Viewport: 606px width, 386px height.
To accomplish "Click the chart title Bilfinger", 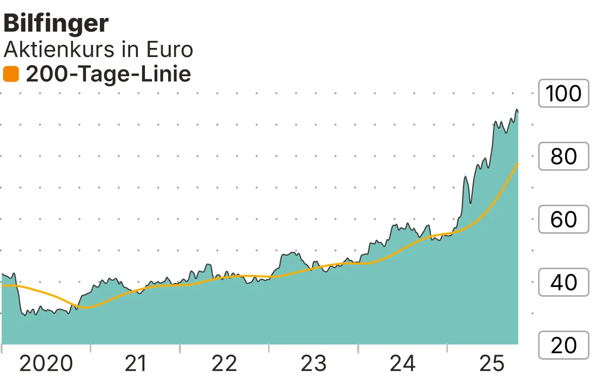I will pyautogui.click(x=56, y=24).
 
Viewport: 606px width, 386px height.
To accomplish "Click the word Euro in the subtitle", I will pyautogui.click(x=170, y=49).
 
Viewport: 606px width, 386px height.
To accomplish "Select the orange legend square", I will pyautogui.click(x=11, y=75).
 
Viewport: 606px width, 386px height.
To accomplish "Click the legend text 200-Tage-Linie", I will pyautogui.click(x=108, y=75).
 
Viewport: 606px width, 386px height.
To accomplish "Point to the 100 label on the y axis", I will pyautogui.click(x=564, y=94).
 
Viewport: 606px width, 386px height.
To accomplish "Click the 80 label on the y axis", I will pyautogui.click(x=564, y=157).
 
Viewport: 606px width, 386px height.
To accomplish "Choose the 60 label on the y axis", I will pyautogui.click(x=564, y=219).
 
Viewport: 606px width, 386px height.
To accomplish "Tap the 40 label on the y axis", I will pyautogui.click(x=564, y=283).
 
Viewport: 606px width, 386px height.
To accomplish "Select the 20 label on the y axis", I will pyautogui.click(x=564, y=346).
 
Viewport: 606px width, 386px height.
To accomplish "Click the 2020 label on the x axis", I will pyautogui.click(x=46, y=363).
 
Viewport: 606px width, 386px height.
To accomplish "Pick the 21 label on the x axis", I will pyautogui.click(x=135, y=363).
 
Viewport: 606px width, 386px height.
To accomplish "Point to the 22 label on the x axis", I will pyautogui.click(x=224, y=363).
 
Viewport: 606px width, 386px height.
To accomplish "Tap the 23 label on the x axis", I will pyautogui.click(x=314, y=363).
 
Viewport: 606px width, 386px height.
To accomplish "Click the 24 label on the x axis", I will pyautogui.click(x=403, y=363).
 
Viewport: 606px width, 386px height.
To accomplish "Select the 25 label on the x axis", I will pyautogui.click(x=492, y=363).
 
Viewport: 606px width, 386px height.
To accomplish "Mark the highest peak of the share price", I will pyautogui.click(x=517, y=109).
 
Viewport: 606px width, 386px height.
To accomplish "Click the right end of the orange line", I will pyautogui.click(x=518, y=163).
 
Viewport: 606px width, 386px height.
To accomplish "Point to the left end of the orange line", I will pyautogui.click(x=3, y=286).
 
